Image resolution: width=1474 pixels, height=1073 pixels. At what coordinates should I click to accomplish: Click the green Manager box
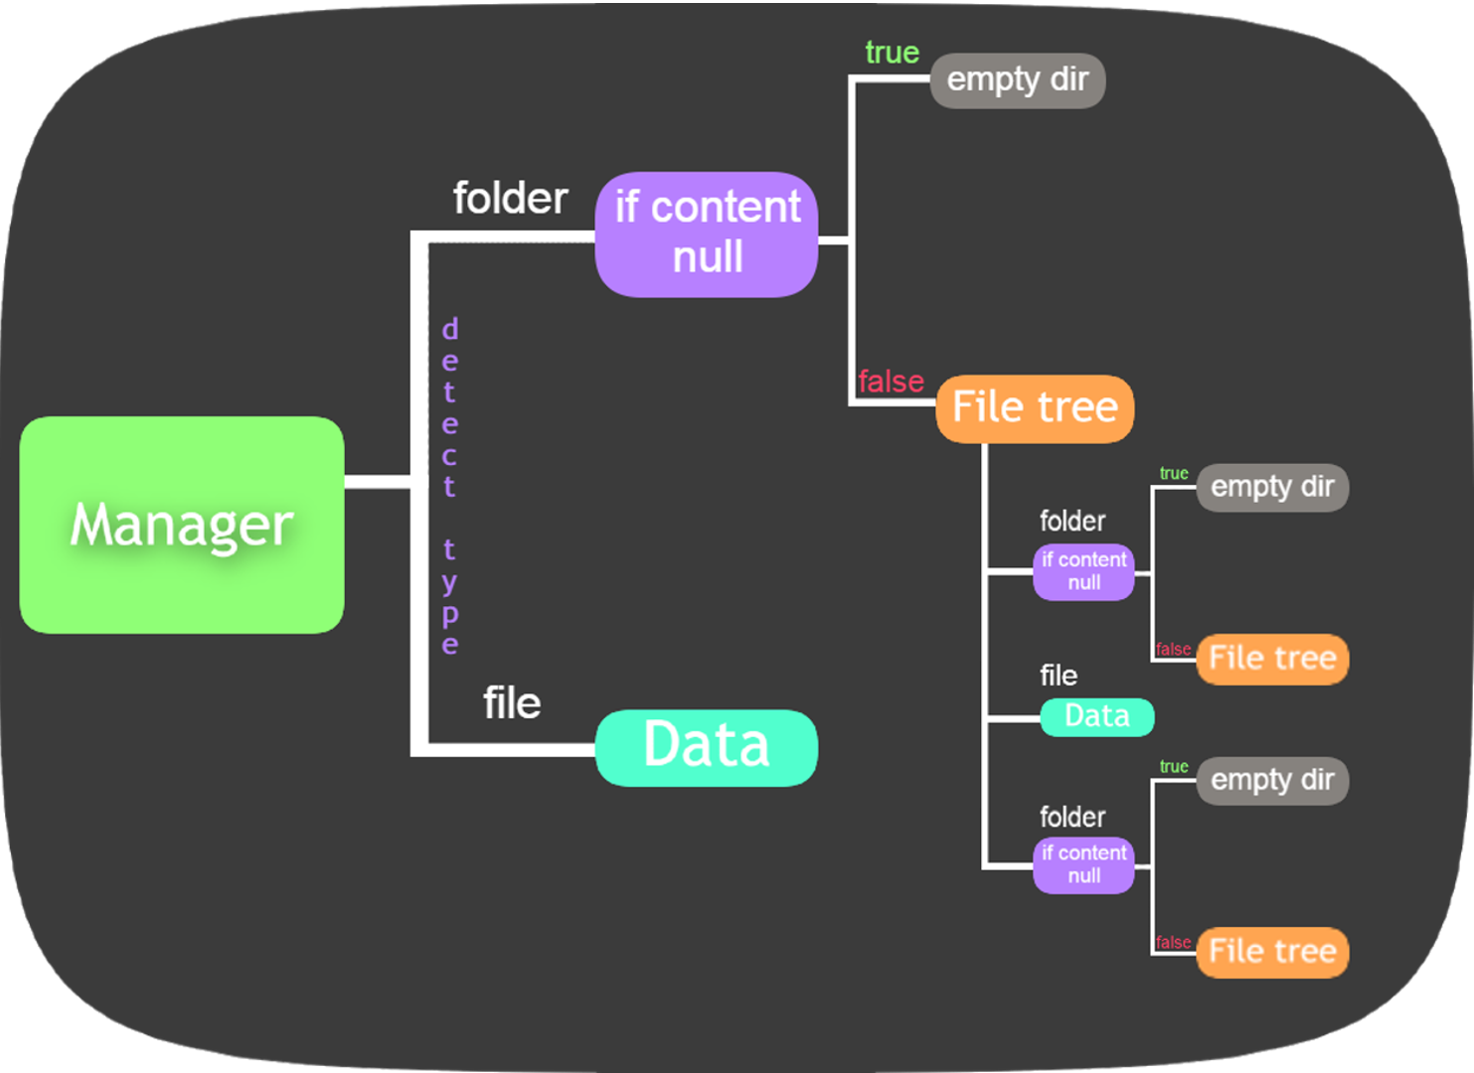182,525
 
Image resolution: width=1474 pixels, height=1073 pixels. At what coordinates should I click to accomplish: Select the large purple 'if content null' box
707,234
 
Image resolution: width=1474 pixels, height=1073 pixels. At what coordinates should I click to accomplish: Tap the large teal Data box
707,747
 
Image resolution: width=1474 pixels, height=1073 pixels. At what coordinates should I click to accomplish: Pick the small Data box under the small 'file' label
1096,716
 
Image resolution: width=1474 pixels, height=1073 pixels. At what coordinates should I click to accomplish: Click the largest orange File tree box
1035,408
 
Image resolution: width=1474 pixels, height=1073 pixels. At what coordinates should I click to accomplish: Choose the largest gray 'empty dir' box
1017,80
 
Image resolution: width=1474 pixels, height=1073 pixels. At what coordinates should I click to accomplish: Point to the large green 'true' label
892,53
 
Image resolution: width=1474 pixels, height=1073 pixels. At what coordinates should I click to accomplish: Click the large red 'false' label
891,382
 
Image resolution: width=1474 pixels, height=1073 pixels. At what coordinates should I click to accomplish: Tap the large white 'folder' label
510,199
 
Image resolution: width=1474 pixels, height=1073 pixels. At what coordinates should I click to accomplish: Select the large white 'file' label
512,703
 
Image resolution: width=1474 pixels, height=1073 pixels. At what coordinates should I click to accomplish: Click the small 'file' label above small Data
1059,676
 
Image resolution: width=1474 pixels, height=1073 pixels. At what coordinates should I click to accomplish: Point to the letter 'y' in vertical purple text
449,581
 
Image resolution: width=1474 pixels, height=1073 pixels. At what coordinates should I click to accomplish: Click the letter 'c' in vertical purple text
449,456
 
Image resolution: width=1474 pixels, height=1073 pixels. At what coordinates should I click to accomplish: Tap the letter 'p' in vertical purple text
449,614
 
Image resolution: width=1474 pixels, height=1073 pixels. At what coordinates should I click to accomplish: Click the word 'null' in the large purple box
708,257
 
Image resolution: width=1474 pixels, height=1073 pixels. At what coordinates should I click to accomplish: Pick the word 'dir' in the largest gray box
1069,79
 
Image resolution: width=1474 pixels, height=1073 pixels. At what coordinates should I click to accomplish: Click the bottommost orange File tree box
1272,952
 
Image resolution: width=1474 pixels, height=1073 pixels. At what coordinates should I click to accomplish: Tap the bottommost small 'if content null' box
1083,864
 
